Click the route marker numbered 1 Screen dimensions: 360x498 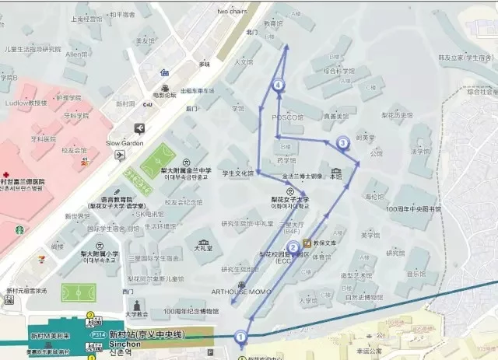pos(241,337)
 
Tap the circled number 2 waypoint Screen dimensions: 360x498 pos(293,248)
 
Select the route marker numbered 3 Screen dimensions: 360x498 pos(342,142)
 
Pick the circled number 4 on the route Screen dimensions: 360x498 pos(279,86)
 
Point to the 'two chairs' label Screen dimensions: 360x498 pos(232,12)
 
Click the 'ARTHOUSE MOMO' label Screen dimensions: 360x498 pos(243,291)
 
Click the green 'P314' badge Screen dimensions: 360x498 pos(99,334)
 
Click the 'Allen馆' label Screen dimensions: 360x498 pos(76,54)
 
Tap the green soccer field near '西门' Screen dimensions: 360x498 pos(77,293)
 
